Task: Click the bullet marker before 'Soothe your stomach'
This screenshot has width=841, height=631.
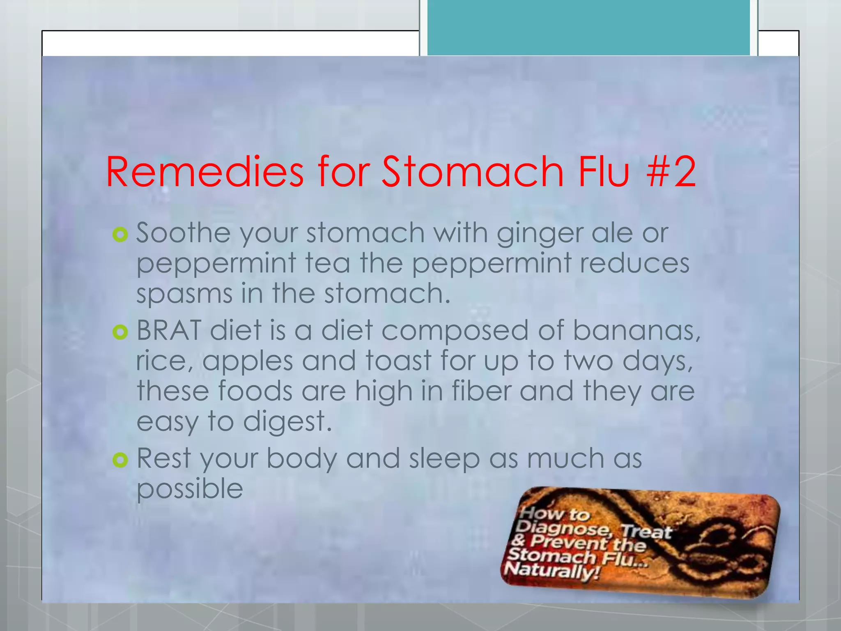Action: [x=120, y=235]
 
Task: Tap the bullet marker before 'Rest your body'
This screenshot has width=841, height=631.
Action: [x=120, y=460]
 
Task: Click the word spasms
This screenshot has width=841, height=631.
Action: [x=184, y=294]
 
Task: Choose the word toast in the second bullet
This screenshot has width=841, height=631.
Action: [x=398, y=360]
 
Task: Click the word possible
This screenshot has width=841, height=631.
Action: [x=190, y=489]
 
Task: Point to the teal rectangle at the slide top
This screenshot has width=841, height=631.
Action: [x=588, y=28]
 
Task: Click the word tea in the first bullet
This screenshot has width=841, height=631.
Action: [x=328, y=263]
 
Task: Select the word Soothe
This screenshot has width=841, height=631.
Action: [x=183, y=233]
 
